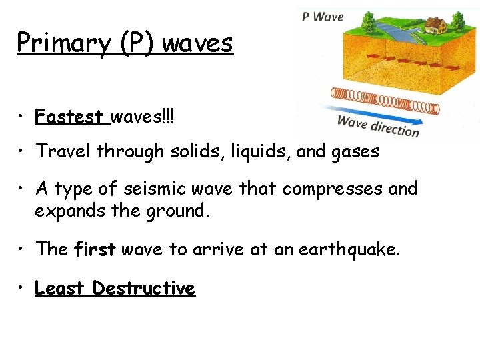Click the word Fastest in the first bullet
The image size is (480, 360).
tap(73, 118)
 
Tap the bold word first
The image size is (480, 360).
tap(95, 249)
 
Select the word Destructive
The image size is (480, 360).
tap(144, 288)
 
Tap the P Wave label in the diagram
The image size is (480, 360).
tap(322, 17)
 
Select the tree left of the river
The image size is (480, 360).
tap(369, 24)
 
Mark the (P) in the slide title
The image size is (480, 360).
tap(139, 44)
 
